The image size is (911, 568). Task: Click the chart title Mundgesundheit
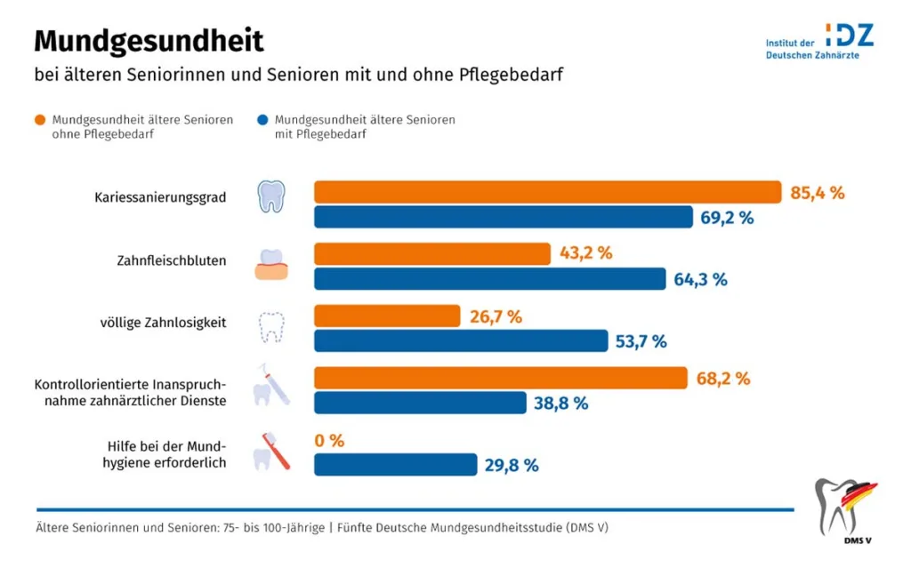[x=149, y=41]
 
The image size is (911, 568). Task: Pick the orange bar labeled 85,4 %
[x=547, y=192]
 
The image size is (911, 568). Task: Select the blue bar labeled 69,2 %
[x=504, y=217]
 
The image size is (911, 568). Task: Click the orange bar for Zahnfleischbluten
[x=432, y=254]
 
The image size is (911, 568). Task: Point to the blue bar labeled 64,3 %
[x=489, y=279]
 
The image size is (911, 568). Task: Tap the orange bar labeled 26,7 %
[x=387, y=316]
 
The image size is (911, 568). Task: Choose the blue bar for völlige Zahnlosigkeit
[x=461, y=341]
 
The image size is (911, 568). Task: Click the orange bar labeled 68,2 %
[x=501, y=379]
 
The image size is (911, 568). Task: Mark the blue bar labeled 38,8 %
[x=420, y=403]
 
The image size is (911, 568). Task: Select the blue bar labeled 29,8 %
[x=396, y=465]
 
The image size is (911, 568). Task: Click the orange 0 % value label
[x=329, y=441]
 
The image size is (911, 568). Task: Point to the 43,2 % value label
[x=585, y=253]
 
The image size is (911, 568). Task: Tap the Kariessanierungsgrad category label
[x=160, y=197]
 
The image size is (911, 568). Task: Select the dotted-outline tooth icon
[x=270, y=326]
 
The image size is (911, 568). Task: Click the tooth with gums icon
[x=270, y=264]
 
